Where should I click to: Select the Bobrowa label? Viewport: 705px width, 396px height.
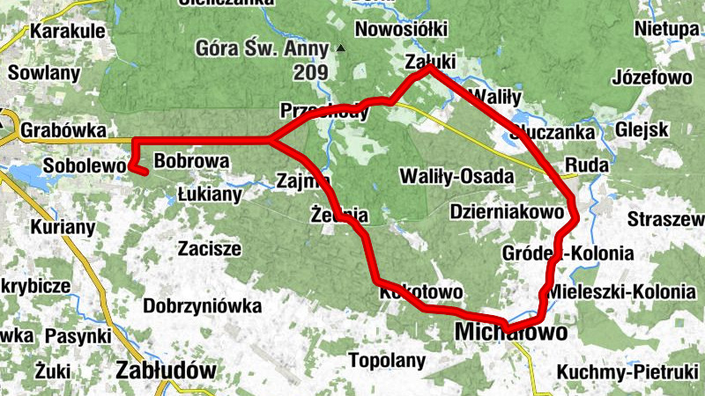click(x=191, y=162)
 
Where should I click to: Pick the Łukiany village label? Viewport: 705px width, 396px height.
click(x=209, y=194)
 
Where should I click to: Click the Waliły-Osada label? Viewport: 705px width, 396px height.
click(x=456, y=176)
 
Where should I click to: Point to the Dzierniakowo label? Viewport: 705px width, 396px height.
click(x=506, y=212)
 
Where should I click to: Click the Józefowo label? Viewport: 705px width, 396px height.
click(x=653, y=77)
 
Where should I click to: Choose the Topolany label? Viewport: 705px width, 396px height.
click(x=388, y=360)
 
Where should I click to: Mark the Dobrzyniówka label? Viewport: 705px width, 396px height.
click(x=203, y=306)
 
